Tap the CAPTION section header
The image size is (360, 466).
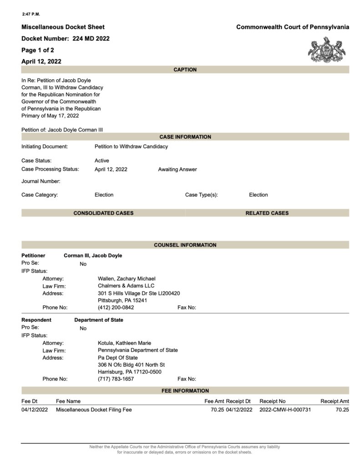click(x=185, y=70)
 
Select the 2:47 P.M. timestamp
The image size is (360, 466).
click(x=31, y=14)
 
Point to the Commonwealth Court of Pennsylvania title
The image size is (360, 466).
click(x=293, y=27)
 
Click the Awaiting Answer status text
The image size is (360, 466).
click(x=177, y=169)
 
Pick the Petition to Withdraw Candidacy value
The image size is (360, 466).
click(x=131, y=147)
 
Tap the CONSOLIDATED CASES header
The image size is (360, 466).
click(x=103, y=213)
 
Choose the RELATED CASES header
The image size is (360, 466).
click(x=267, y=213)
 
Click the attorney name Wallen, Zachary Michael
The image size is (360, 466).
click(x=127, y=279)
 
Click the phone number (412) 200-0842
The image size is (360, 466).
click(x=116, y=308)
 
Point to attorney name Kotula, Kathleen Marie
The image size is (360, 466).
click(x=125, y=343)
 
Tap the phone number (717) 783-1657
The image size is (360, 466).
click(x=116, y=379)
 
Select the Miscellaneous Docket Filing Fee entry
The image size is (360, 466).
click(x=94, y=410)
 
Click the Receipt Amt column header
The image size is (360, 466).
click(x=335, y=401)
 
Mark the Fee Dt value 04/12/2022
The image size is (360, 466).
click(x=34, y=410)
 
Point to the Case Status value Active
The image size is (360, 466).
click(x=102, y=161)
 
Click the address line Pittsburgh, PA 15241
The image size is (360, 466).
click(x=122, y=300)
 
